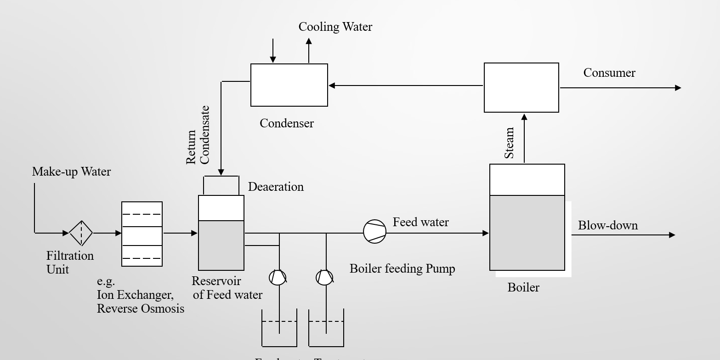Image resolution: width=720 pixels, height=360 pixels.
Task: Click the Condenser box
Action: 289,85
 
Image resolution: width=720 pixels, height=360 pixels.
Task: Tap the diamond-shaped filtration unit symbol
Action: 81,233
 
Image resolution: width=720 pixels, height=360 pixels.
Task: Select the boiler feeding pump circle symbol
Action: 374,231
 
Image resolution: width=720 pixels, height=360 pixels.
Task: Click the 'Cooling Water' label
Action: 335,27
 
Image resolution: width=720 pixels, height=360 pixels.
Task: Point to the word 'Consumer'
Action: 609,73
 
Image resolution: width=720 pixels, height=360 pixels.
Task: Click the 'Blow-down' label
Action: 607,225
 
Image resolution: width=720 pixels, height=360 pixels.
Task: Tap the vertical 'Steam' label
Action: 510,143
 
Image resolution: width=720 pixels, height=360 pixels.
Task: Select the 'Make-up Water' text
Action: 71,171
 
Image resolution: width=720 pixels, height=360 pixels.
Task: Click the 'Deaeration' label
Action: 276,187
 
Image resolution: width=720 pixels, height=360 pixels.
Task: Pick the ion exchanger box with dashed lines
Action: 142,234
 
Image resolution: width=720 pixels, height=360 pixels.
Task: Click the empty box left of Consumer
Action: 522,87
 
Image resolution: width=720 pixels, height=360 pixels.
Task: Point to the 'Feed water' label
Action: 420,222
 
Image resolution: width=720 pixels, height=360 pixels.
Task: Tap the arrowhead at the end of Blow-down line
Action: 672,235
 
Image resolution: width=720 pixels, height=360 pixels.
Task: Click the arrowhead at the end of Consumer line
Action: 678,88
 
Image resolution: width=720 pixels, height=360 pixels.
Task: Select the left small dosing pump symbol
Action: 278,277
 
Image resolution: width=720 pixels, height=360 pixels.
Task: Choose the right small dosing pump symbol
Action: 324,277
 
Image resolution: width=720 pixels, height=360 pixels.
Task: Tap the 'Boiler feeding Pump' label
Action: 402,269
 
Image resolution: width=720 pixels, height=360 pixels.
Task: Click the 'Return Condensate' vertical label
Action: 198,135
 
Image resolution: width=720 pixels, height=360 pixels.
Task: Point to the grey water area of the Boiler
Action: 527,233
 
